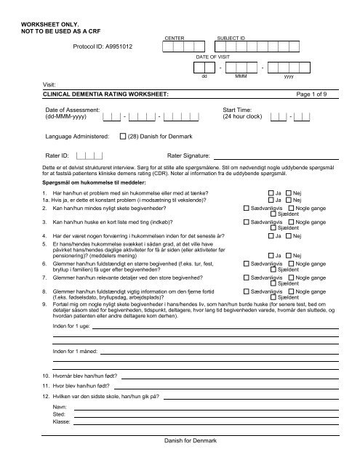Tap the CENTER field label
point(175,36)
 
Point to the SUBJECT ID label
point(231,36)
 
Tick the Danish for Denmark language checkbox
point(123,136)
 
